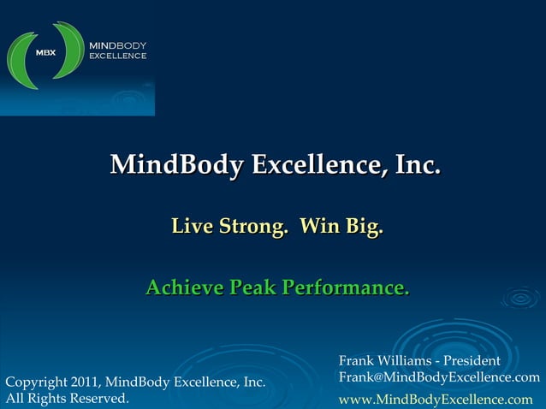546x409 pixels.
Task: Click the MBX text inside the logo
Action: (x=44, y=52)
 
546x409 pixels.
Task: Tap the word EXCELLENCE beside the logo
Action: (x=118, y=56)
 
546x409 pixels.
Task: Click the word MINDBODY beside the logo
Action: (x=118, y=44)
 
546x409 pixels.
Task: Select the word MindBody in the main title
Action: (x=175, y=163)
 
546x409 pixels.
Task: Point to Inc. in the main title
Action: (x=418, y=163)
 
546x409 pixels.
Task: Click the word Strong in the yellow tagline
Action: (x=248, y=228)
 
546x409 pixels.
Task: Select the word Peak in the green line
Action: (x=252, y=287)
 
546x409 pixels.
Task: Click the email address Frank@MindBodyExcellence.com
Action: (x=439, y=377)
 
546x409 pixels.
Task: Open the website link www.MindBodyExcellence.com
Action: (x=436, y=399)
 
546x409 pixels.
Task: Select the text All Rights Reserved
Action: (x=68, y=398)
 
